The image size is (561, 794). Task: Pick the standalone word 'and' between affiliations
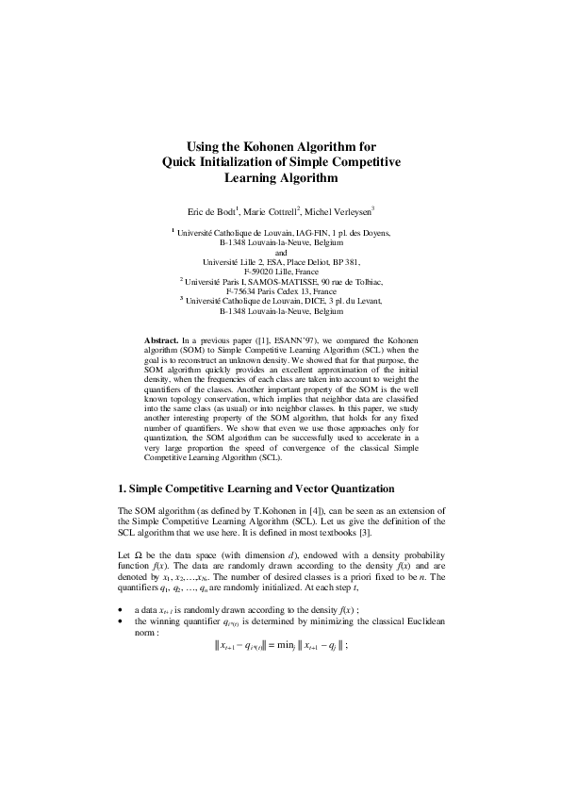click(280, 252)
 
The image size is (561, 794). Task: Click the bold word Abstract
click(160, 337)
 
